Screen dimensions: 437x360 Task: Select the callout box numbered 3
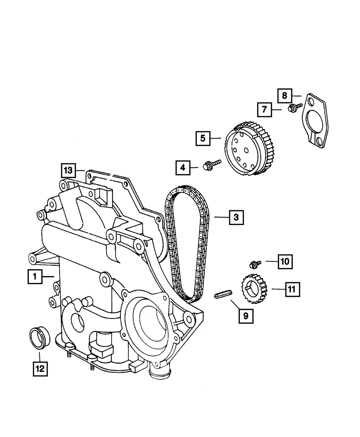pos(236,217)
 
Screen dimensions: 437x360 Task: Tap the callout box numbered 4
pos(183,167)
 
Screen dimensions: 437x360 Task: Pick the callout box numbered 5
pos(203,138)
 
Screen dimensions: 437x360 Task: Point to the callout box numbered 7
pos(264,109)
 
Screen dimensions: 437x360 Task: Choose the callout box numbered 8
pos(284,95)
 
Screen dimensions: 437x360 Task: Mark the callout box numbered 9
pos(246,316)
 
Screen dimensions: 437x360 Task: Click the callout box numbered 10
pos(284,262)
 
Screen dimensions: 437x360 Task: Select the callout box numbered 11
pos(292,289)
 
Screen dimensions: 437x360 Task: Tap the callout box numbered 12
pos(40,368)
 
